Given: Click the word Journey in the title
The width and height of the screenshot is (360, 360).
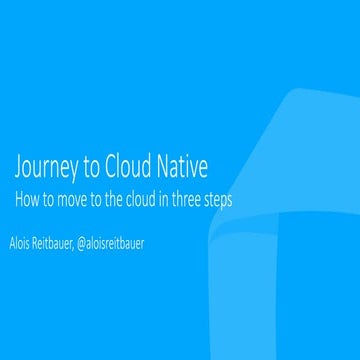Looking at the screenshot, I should pyautogui.click(x=45, y=165).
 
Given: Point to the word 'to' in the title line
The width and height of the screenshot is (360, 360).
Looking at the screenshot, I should pyautogui.click(x=92, y=165).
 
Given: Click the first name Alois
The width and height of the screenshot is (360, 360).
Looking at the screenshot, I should pyautogui.click(x=21, y=242).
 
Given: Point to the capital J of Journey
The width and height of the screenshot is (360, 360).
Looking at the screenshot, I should pyautogui.click(x=18, y=165).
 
